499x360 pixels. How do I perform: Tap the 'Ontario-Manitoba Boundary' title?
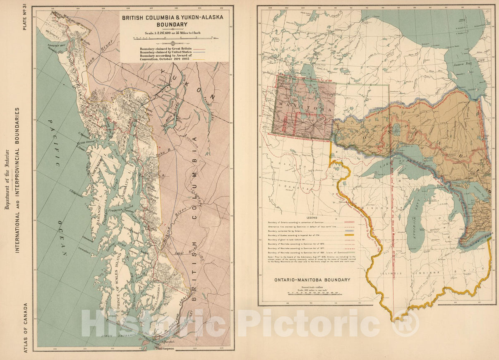312,280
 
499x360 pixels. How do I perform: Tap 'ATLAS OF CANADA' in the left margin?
26,327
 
